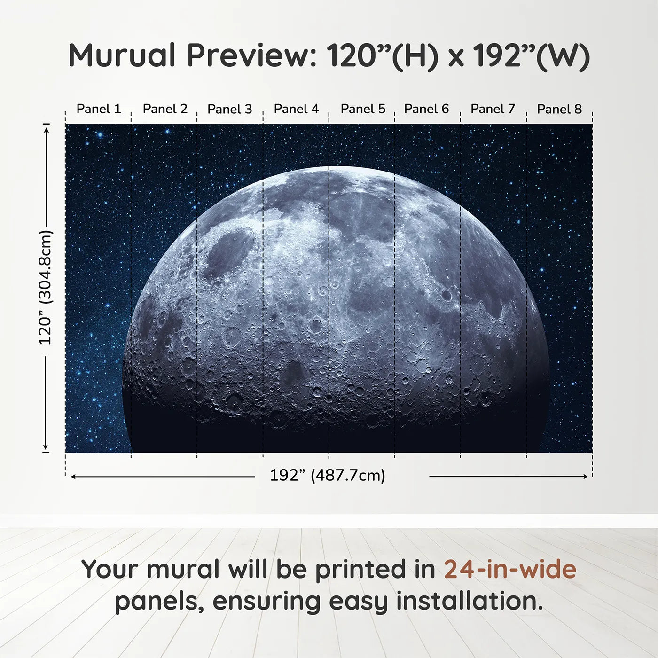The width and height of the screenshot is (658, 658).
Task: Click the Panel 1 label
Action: (x=99, y=109)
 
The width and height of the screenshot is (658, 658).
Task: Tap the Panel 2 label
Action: (x=165, y=109)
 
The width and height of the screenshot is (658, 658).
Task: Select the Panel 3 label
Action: (x=230, y=109)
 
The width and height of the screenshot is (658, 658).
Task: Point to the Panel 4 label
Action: (x=296, y=109)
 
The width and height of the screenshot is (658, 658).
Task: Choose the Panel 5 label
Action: (x=363, y=109)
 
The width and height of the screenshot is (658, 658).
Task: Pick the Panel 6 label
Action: (x=426, y=109)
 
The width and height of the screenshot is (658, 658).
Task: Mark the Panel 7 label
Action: (x=493, y=109)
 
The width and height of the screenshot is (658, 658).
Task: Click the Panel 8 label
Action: (x=559, y=109)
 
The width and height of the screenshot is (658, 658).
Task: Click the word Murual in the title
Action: (x=122, y=55)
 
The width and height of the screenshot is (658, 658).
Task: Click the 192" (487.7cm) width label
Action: (x=328, y=476)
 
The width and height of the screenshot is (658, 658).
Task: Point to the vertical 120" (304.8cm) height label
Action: (x=45, y=288)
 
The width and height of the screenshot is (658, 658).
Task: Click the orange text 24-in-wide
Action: (x=510, y=569)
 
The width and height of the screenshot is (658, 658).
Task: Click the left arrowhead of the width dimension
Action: (x=73, y=477)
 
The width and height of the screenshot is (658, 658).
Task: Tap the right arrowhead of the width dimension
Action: (x=585, y=477)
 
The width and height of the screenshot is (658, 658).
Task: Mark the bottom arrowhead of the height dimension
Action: (x=46, y=447)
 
